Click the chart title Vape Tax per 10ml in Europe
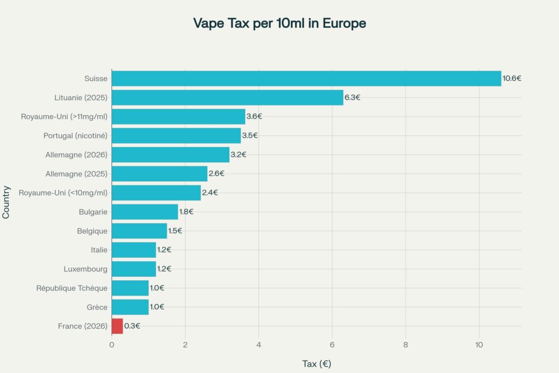coord(279,23)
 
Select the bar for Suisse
coord(306,78)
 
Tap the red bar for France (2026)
coord(117,326)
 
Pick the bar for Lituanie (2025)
coord(227,97)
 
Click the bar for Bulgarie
coord(145,211)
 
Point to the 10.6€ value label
coord(512,78)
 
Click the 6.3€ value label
coord(352,97)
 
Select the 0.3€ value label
coord(132,326)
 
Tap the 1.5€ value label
coord(175,230)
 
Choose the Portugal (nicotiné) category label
coord(75,135)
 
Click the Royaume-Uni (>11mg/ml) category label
coord(64,116)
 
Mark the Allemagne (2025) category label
coord(76,174)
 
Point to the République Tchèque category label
coord(72,288)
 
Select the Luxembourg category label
coord(85,269)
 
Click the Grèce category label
coord(97,307)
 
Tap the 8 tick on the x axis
coord(406,345)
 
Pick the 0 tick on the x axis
coord(112,345)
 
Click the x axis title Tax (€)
coord(317,364)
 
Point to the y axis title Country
coord(7,202)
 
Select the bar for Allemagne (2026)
coord(170,155)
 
